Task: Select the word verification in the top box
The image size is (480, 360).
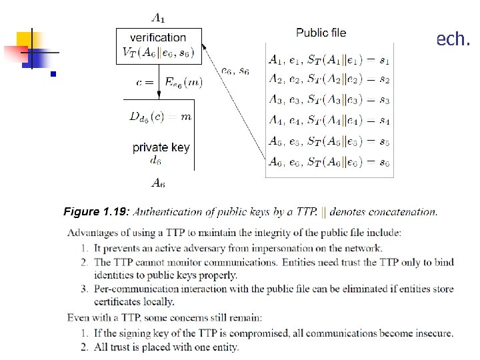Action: coord(158,37)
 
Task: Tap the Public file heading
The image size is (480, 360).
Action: coord(321,32)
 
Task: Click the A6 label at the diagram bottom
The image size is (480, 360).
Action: coord(157,183)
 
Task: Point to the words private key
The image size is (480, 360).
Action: coord(161,147)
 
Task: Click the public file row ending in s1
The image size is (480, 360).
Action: coord(329,60)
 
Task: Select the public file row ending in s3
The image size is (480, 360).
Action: coord(329,101)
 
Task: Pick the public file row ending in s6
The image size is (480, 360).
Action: coord(329,161)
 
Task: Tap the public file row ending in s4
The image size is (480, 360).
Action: coord(329,121)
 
